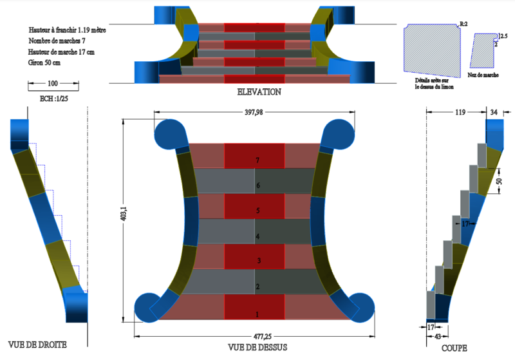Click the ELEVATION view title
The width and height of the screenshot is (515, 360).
(x=259, y=92)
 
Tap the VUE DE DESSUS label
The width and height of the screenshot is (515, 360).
(x=257, y=347)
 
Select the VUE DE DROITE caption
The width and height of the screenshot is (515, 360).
(x=37, y=345)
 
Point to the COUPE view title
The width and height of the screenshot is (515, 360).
(x=454, y=348)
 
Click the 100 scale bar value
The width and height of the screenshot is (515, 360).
(x=53, y=84)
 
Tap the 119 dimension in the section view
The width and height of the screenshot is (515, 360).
(x=460, y=113)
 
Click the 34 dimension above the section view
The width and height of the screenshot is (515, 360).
(x=494, y=113)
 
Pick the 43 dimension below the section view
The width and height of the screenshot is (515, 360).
(x=438, y=336)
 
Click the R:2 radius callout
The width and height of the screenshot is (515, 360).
(x=464, y=24)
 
